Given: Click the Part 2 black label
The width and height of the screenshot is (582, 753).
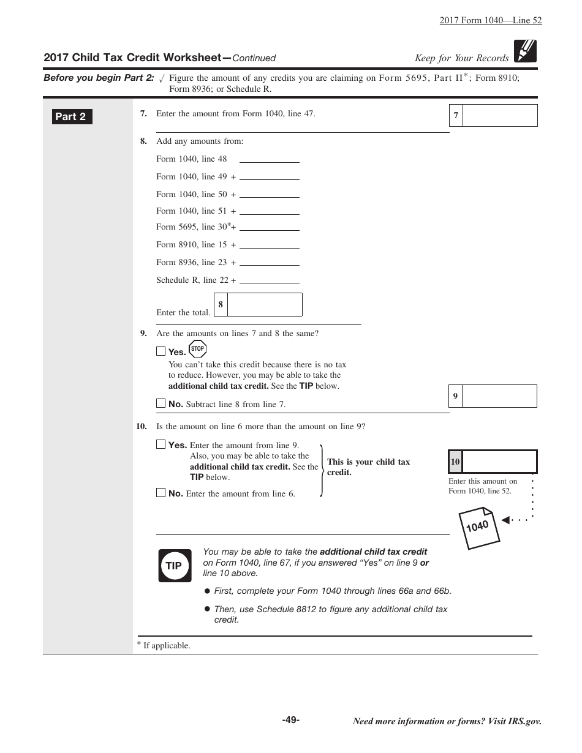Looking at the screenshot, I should pos(72,116).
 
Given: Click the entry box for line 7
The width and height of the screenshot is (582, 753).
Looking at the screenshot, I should pos(499,115).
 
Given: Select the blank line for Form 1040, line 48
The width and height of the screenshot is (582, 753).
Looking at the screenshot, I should pos(269,159).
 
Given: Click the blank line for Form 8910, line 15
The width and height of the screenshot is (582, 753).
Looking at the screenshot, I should pos(269,244).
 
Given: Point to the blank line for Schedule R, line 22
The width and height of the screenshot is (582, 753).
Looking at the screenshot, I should pos(269,280).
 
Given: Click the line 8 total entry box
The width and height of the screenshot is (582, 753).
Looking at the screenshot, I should pos(264,304).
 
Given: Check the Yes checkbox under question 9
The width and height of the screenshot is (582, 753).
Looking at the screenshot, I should pos(161,351).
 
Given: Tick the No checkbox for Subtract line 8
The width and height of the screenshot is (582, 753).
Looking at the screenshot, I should pos(161,403).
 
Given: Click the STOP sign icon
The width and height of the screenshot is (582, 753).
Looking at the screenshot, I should pos(197,349).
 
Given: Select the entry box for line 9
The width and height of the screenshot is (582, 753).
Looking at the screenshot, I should pos(499,396).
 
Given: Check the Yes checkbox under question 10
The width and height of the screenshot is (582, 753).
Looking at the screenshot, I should pos(161,444).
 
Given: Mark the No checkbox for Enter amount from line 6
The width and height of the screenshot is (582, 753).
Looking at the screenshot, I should pos(161,493).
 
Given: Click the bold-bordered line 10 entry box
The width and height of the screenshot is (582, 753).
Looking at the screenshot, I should pos(499,462).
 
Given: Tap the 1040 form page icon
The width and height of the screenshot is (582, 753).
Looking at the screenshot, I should pos(479,528).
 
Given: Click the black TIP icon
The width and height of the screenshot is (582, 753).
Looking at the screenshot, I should pos(175,566).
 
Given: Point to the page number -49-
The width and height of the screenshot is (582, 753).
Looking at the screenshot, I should pos(290,720).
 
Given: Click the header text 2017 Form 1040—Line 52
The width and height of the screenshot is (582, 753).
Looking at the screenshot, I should pos(490,20).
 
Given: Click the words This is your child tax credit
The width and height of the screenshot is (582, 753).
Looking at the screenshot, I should pos(368,467).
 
